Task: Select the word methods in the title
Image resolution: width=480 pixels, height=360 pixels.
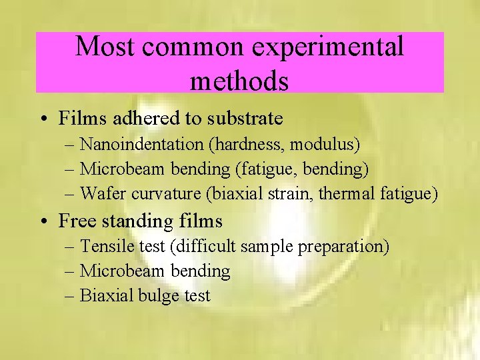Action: pyautogui.click(x=239, y=81)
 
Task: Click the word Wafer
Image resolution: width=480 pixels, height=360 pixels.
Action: pyautogui.click(x=99, y=194)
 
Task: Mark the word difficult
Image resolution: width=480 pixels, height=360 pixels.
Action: pyautogui.click(x=203, y=246)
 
